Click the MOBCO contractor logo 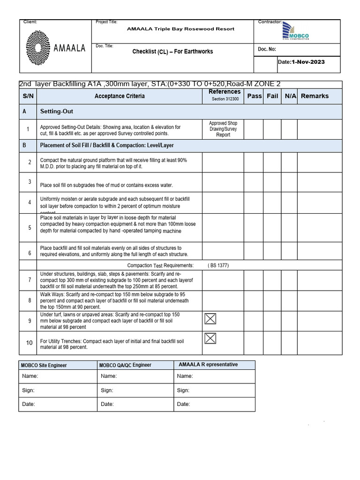tap(296, 32)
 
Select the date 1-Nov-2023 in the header tap(308, 62)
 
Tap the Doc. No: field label tap(267, 49)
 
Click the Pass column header tap(255, 96)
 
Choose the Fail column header tap(272, 96)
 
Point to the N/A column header tap(290, 96)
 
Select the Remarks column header tap(315, 96)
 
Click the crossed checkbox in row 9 tap(210, 319)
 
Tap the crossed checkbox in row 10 tap(210, 338)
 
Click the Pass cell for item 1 tap(254, 129)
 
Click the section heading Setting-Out tap(56, 112)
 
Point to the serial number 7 tap(29, 280)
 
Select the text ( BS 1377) tap(218, 265)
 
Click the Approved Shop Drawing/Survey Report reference tap(223, 129)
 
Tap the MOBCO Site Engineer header tap(44, 365)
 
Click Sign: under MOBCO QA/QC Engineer tap(107, 390)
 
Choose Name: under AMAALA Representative tap(185, 376)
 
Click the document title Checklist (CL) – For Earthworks tap(172, 51)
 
